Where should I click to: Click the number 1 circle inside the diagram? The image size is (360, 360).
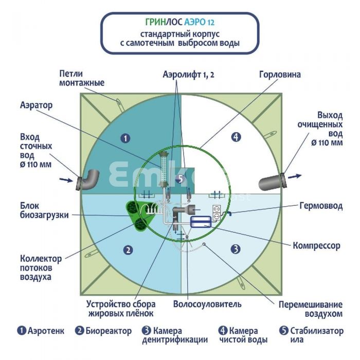pos(125,138)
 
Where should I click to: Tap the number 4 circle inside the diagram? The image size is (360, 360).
pos(236,137)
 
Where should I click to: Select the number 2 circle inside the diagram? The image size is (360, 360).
pos(128,250)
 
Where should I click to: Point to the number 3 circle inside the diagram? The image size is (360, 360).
pos(236,249)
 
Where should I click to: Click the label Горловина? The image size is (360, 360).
pos(280,75)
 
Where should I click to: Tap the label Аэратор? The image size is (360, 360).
pos(37,105)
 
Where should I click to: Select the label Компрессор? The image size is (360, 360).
pos(316,246)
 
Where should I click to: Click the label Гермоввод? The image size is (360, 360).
pos(321,206)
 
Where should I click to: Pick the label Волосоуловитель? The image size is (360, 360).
pos(207,304)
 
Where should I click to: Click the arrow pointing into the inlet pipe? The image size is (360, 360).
pos(66,180)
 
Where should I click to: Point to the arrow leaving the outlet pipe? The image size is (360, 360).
pos(295,176)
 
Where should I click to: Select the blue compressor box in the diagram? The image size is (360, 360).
pos(201,222)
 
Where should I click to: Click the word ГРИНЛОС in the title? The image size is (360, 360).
pos(164,22)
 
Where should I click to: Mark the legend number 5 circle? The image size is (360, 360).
pos(284,331)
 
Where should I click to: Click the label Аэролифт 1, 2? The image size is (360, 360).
pos(188,75)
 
